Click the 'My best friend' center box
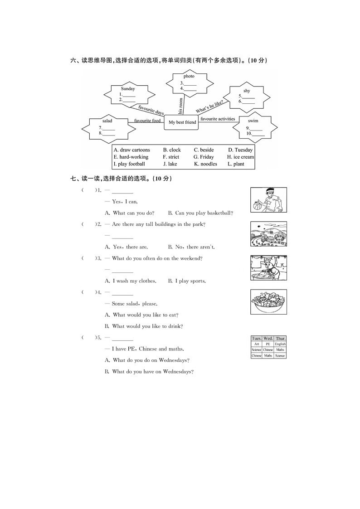pos(182,122)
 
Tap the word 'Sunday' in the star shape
pos(128,89)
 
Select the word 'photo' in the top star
pos(189,76)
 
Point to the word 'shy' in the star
pos(247,91)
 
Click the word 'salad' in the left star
pos(107,121)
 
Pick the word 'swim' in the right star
pos(253,121)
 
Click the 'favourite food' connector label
pos(147,121)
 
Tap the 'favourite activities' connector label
pos(218,119)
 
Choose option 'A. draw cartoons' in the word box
pos(132,150)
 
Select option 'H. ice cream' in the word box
pos(240,157)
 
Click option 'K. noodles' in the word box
pos(205,164)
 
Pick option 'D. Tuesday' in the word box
pos(240,150)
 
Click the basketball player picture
pos(268,200)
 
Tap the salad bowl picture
pos(268,302)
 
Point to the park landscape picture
pos(268,234)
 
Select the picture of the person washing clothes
pos(268,268)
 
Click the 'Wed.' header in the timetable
pos(268,339)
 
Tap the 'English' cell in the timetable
pos(280,344)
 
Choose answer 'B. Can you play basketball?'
pos(200,213)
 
